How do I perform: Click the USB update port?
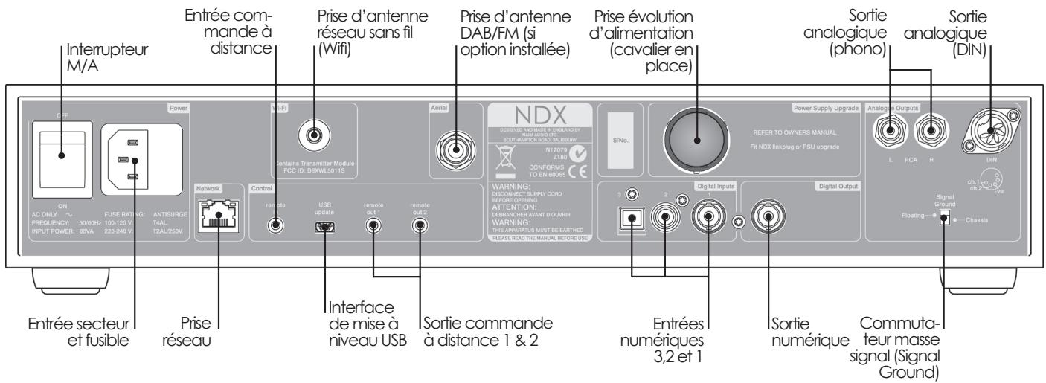coord(325,225)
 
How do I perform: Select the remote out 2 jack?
coord(420,225)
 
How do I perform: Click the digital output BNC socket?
coord(769,219)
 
